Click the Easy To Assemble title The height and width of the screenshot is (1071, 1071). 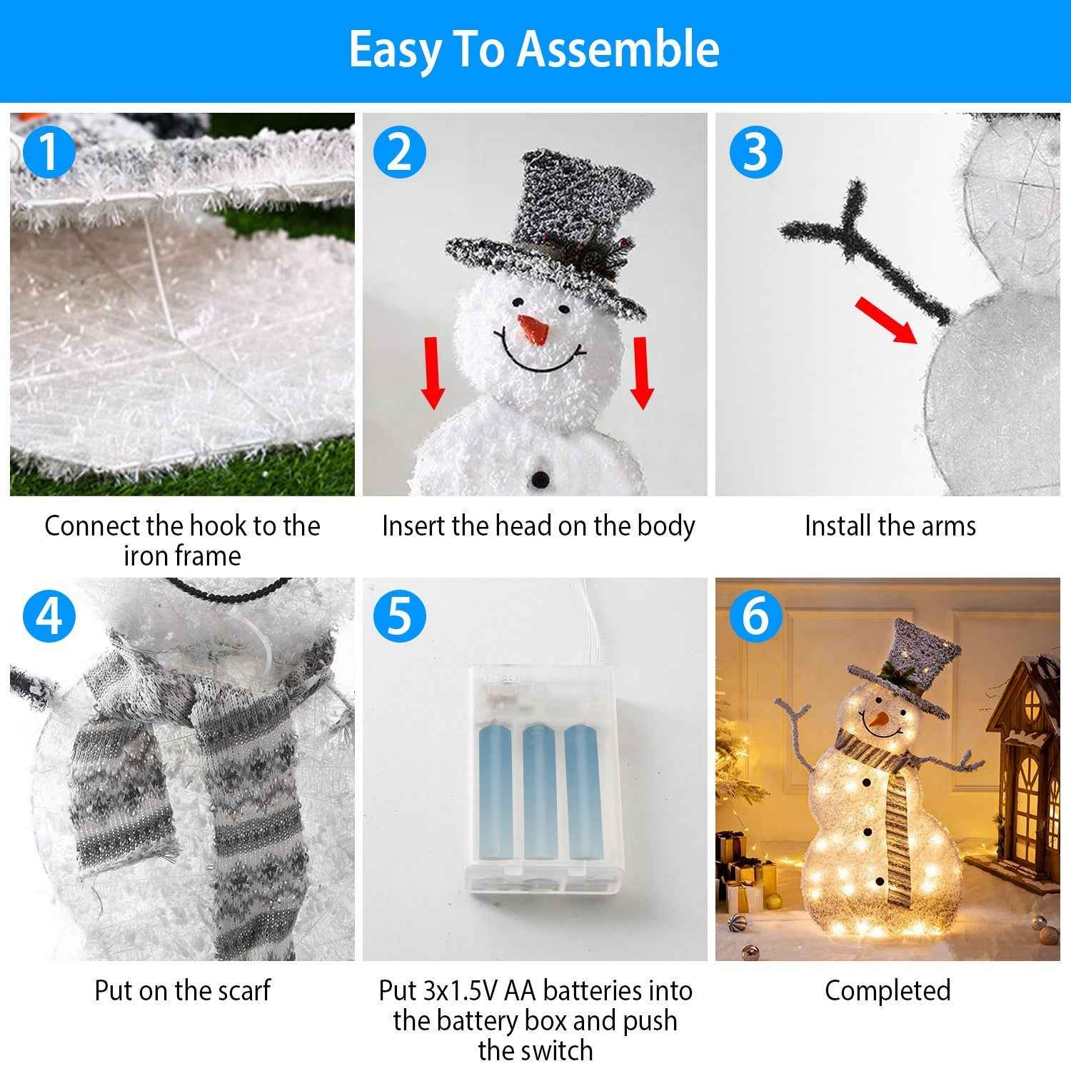click(x=534, y=49)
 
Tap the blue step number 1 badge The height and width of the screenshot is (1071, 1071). click(x=49, y=152)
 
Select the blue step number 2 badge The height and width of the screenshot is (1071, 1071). click(x=400, y=152)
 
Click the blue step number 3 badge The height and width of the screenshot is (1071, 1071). click(x=755, y=152)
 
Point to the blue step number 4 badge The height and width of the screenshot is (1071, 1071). click(x=49, y=615)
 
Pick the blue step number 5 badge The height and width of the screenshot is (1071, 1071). click(x=400, y=615)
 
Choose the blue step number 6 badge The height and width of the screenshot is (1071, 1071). click(x=755, y=615)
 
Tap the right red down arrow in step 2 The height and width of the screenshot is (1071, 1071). click(x=642, y=373)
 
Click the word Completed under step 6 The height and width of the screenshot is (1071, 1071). click(x=888, y=990)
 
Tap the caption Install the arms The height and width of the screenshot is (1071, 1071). click(x=890, y=526)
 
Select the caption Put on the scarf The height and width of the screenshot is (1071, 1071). click(x=182, y=990)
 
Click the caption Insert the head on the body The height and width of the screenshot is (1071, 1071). click(x=538, y=526)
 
